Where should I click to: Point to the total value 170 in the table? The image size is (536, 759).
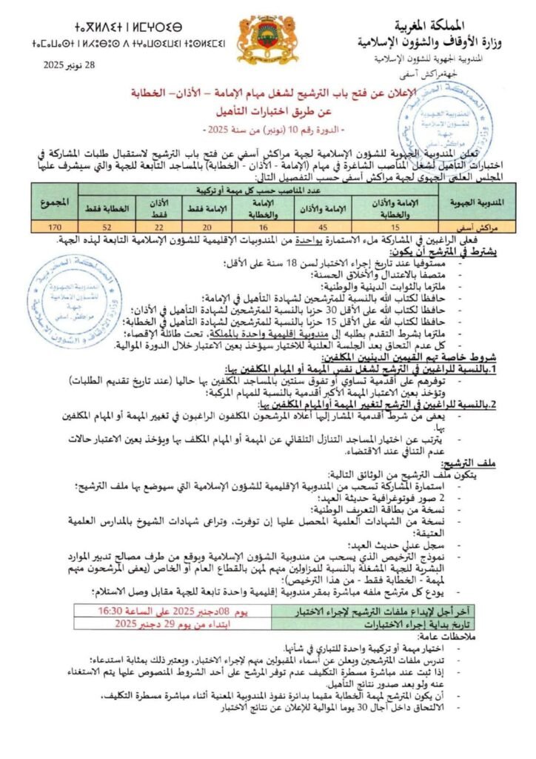(x=54, y=227)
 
